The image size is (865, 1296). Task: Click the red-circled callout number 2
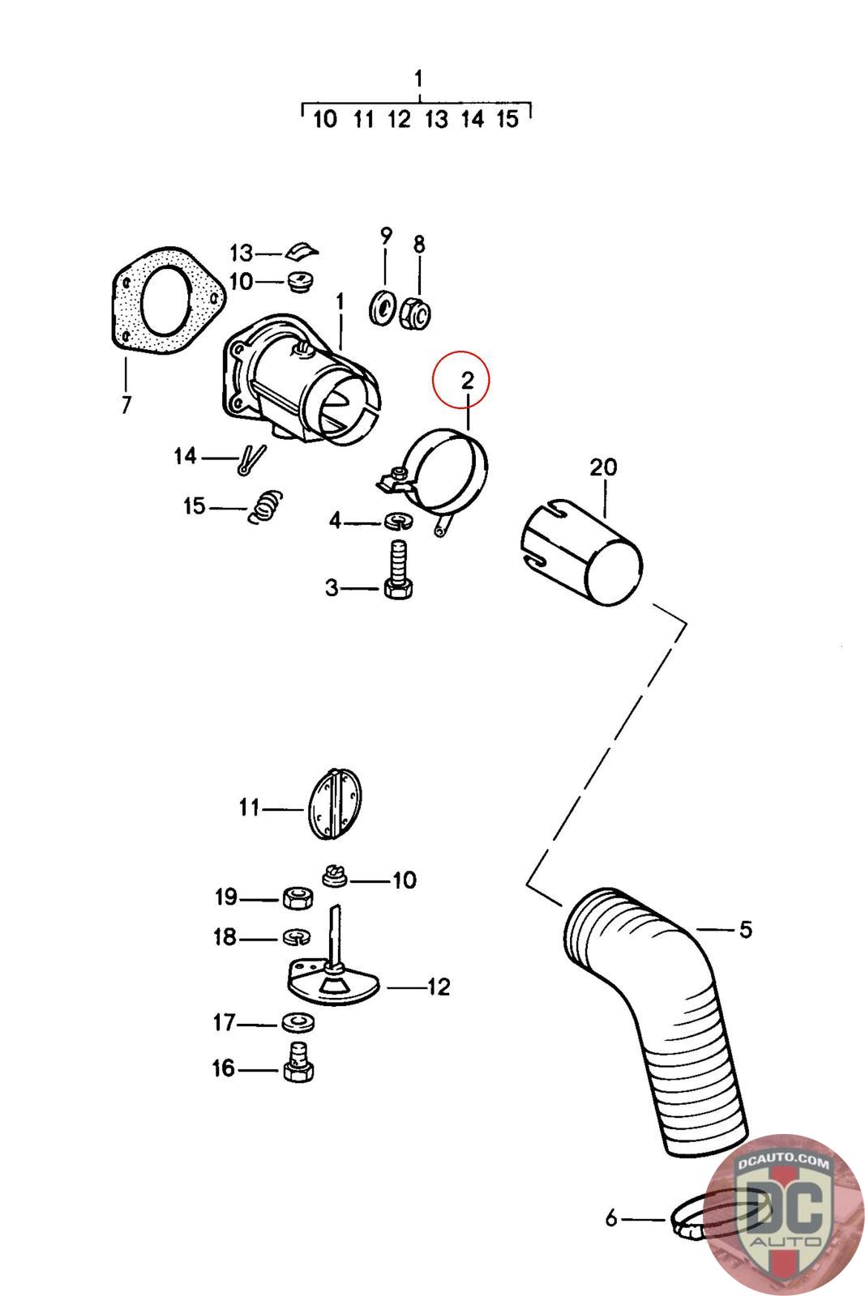click(467, 380)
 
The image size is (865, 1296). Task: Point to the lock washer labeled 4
click(397, 521)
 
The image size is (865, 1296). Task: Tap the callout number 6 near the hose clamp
click(611, 1217)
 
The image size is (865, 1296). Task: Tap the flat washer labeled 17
click(298, 1022)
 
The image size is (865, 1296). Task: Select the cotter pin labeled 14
click(251, 459)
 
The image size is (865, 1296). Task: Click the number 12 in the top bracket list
click(399, 120)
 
